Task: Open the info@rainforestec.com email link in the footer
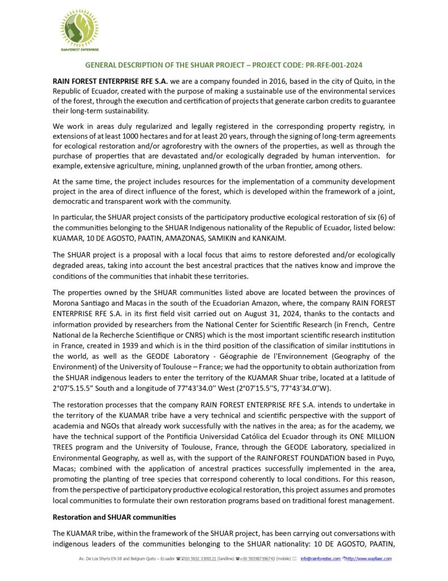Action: pos(321,559)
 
